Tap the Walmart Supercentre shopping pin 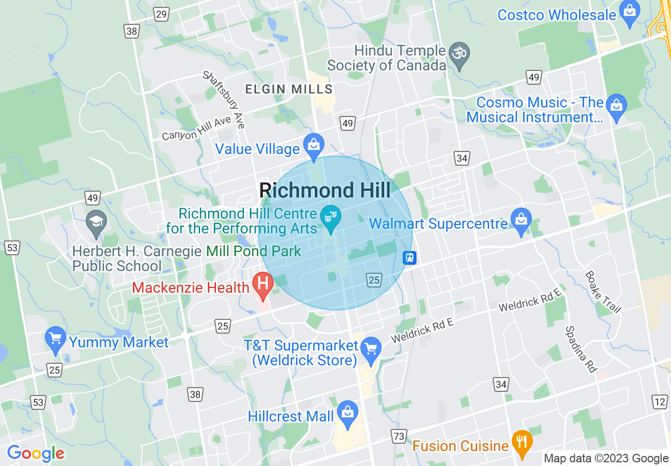pyautogui.click(x=521, y=222)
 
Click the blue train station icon pyautogui.click(x=410, y=258)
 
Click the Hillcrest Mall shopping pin pyautogui.click(x=348, y=415)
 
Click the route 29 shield pyautogui.click(x=162, y=14)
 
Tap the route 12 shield pyautogui.click(x=659, y=402)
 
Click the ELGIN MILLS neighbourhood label pyautogui.click(x=288, y=89)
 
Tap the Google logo pyautogui.click(x=35, y=453)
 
